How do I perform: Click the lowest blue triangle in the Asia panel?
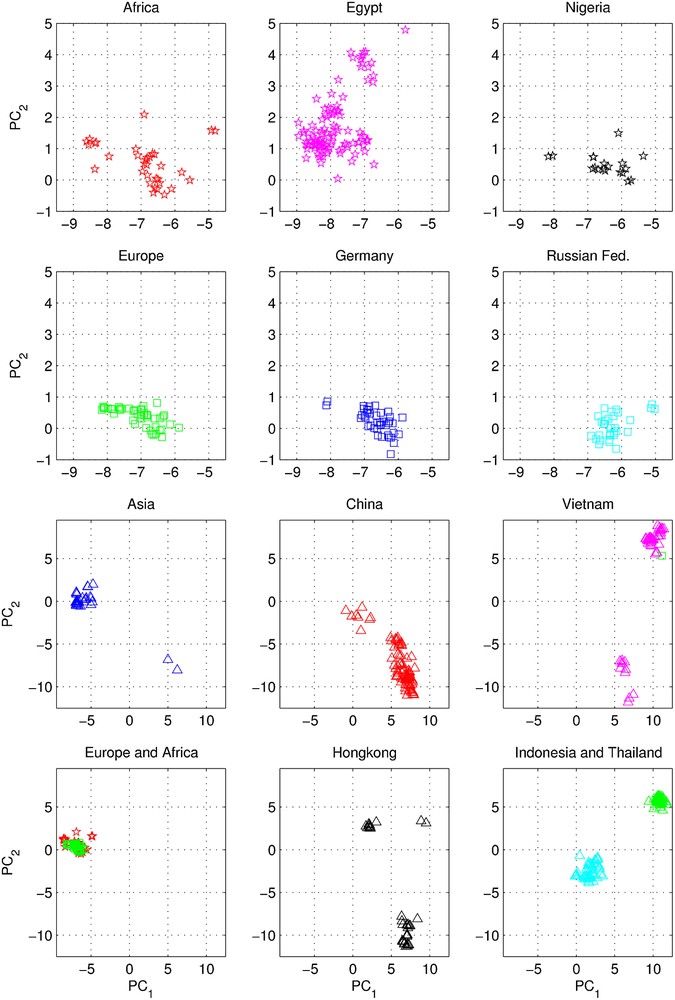177,669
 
